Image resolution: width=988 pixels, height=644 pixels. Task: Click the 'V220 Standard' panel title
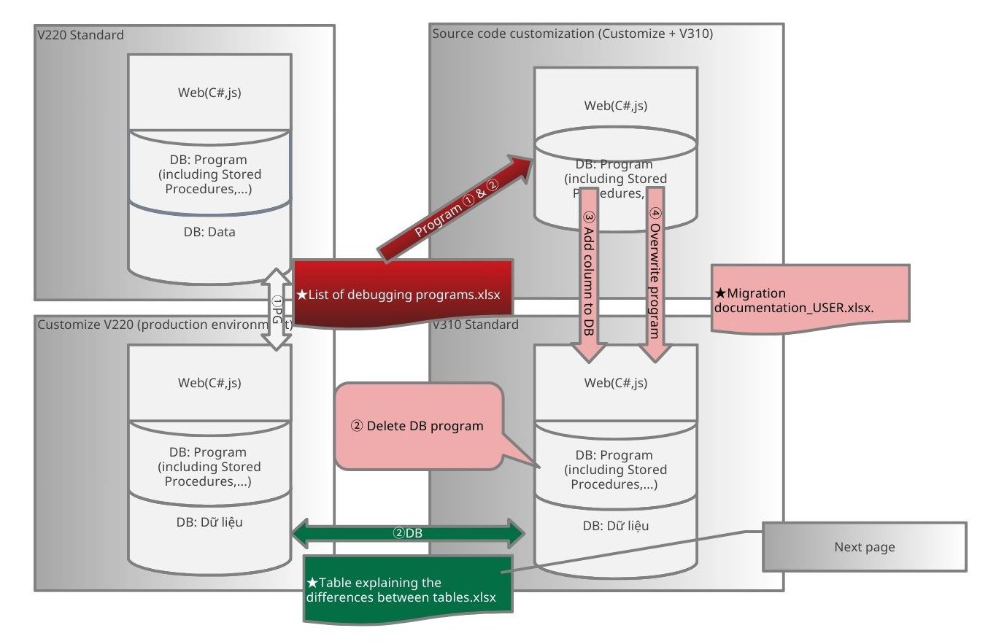(80, 35)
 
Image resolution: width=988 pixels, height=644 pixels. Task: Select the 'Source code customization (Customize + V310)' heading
(572, 34)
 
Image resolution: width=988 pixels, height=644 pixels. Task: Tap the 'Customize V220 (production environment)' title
(161, 324)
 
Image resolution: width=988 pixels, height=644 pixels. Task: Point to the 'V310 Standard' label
(476, 324)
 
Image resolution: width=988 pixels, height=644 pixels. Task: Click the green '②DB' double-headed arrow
(408, 533)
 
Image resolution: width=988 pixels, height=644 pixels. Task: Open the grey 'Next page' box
(864, 547)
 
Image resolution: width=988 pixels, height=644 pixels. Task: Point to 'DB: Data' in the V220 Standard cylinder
(209, 233)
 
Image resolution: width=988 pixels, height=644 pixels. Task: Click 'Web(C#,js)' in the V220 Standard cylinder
(209, 92)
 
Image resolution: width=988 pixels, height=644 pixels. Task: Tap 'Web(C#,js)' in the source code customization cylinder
(615, 106)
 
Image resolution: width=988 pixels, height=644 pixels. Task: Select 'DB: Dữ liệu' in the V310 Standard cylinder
(615, 526)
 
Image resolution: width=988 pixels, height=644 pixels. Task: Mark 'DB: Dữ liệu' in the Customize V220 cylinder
(209, 522)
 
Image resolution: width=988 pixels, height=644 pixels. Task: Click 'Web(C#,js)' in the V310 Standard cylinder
(615, 383)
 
